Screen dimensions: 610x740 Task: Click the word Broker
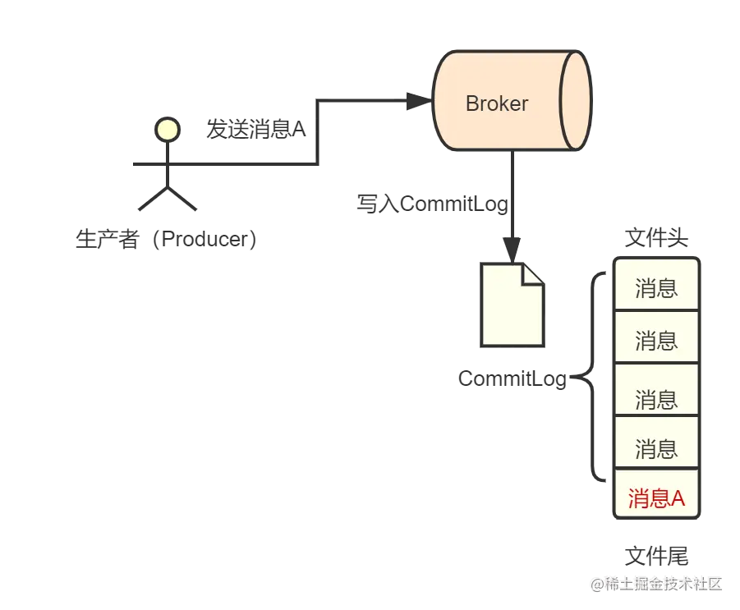(x=496, y=103)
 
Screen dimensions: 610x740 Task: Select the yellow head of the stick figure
(x=168, y=129)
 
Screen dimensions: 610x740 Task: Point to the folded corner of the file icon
(x=532, y=273)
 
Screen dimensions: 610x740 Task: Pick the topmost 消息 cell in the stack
(x=656, y=288)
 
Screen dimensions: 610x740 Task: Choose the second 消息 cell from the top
(x=656, y=339)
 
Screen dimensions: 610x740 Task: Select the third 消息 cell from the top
(x=656, y=399)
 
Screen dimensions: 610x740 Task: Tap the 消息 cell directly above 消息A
(x=656, y=448)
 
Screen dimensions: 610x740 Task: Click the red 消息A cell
(x=656, y=498)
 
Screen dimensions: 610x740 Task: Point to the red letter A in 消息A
(x=678, y=498)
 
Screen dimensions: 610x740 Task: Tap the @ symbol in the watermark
(x=594, y=583)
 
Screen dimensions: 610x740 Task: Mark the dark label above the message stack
(x=656, y=239)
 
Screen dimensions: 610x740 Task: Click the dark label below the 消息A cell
(x=656, y=557)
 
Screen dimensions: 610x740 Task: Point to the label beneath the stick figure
(x=163, y=241)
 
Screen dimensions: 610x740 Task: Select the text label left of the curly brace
(x=514, y=379)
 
